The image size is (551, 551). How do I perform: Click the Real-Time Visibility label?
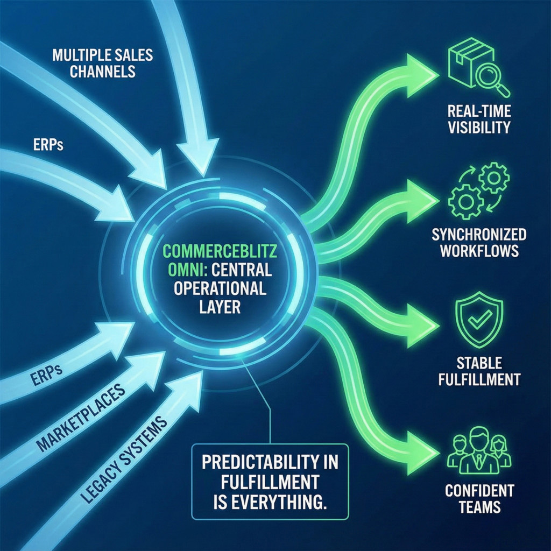coord(478,120)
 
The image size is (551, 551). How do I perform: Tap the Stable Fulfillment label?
coord(479,371)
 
